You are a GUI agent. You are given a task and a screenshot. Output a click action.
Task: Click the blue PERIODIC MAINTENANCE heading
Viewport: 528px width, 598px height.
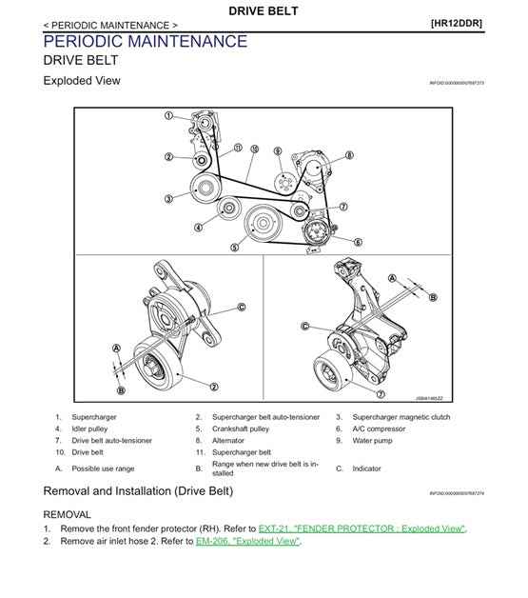[145, 41]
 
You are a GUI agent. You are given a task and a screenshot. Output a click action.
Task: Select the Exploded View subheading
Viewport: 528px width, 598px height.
[82, 81]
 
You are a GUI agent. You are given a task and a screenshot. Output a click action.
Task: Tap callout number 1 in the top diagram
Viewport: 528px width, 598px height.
[168, 116]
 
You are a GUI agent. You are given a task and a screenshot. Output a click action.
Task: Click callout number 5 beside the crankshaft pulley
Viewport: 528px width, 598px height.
[233, 247]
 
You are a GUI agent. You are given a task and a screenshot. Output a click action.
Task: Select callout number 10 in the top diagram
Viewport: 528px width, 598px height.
[254, 149]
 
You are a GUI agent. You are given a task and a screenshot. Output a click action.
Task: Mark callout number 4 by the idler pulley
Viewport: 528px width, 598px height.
[199, 227]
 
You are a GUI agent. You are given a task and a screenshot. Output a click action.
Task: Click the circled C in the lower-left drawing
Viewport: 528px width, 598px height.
[241, 307]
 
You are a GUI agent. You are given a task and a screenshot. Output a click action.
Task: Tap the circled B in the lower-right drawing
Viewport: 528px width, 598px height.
[433, 297]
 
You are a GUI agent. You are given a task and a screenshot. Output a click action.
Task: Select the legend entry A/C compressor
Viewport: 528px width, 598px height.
[382, 429]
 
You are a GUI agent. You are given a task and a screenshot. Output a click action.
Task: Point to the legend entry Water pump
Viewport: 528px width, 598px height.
[373, 441]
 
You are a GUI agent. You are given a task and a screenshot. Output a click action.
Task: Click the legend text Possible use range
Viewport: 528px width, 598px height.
[104, 468]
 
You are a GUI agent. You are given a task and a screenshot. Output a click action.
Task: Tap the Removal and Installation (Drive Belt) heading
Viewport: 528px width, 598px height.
[138, 491]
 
